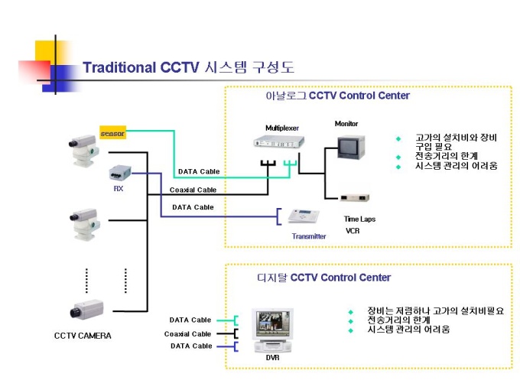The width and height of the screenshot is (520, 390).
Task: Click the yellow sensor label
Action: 112,134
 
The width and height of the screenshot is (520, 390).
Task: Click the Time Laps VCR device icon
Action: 355,198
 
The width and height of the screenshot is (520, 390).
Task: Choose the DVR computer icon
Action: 274,329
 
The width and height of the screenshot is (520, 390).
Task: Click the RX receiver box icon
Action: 119,173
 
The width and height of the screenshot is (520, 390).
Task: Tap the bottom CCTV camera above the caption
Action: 87,310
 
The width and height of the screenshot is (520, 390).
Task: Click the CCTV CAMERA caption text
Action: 83,336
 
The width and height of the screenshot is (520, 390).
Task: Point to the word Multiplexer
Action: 282,128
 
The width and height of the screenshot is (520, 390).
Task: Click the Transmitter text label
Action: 309,236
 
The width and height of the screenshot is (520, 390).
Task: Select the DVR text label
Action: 273,357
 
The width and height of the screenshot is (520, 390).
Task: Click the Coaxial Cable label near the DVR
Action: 187,333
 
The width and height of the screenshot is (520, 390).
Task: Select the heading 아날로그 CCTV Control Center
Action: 337,96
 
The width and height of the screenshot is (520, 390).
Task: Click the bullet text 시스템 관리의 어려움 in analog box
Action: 457,165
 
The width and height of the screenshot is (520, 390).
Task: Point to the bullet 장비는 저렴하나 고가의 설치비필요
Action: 436,311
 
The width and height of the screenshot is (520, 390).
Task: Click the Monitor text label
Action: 346,124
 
